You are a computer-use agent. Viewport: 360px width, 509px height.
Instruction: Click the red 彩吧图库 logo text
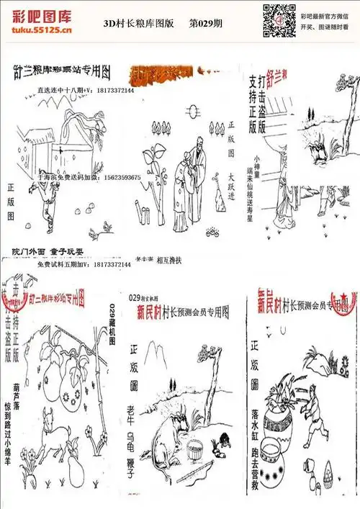point(42,16)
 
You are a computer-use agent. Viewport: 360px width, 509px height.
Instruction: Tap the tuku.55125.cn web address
point(42,31)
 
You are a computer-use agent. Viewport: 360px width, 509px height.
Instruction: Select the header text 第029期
point(205,23)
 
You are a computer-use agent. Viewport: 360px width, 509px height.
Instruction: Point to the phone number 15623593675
point(109,176)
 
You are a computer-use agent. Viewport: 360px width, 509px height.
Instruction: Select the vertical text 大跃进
point(232,185)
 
